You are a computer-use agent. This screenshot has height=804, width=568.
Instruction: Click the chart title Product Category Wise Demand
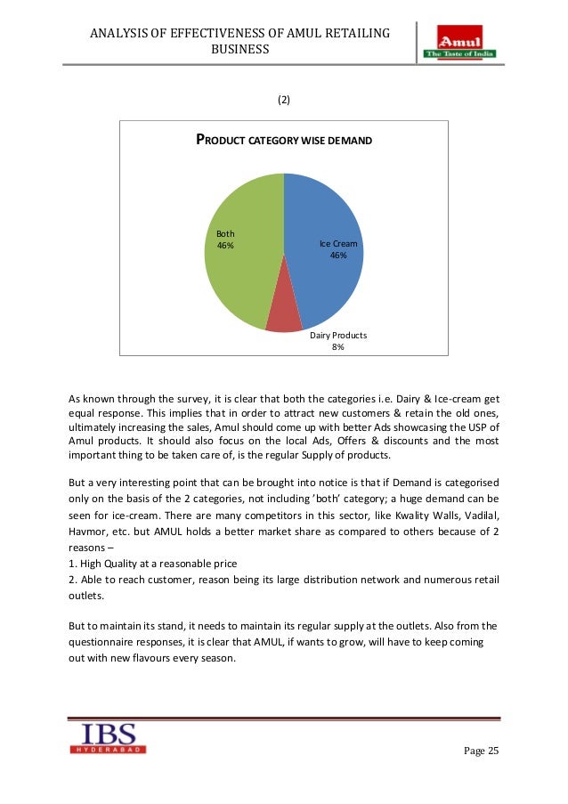[284, 141]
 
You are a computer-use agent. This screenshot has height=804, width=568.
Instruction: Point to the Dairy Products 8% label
[338, 341]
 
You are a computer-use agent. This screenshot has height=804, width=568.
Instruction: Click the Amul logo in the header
[459, 43]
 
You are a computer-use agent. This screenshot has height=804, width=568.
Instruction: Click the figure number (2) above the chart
[283, 100]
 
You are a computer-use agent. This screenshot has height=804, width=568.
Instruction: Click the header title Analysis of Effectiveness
[240, 34]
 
